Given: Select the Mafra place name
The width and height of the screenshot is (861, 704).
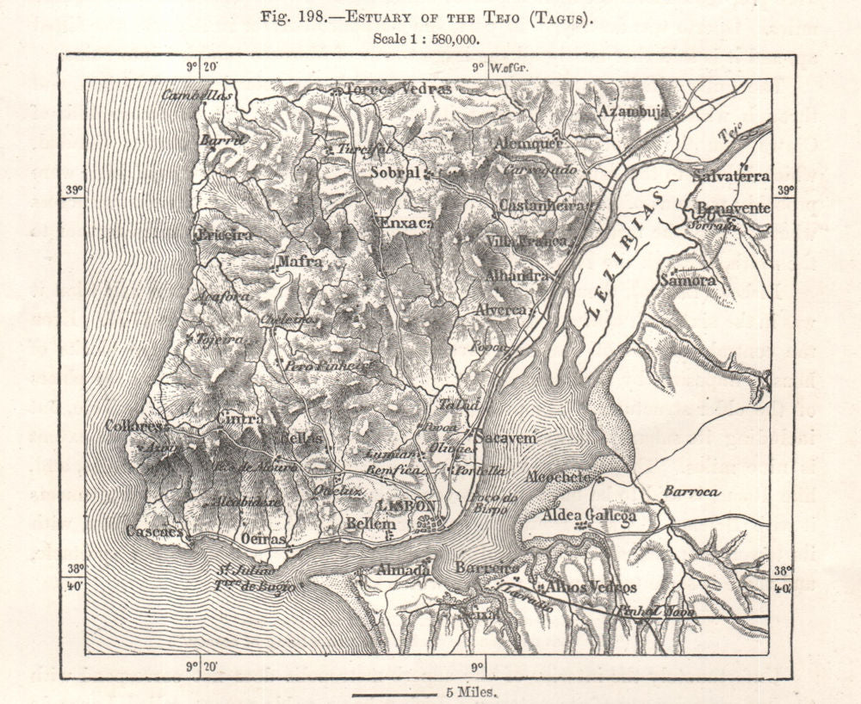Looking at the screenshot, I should (x=300, y=260).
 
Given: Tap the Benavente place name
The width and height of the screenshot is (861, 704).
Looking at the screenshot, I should (x=733, y=209).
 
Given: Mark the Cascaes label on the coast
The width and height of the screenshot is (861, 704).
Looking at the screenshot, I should (x=153, y=531).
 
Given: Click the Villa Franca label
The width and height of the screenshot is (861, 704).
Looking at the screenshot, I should (x=527, y=241).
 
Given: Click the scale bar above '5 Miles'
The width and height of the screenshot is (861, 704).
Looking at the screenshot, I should (x=396, y=691).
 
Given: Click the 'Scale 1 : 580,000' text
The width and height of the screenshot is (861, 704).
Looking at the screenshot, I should (x=427, y=38).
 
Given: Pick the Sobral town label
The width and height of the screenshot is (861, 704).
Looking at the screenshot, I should (x=397, y=173).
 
